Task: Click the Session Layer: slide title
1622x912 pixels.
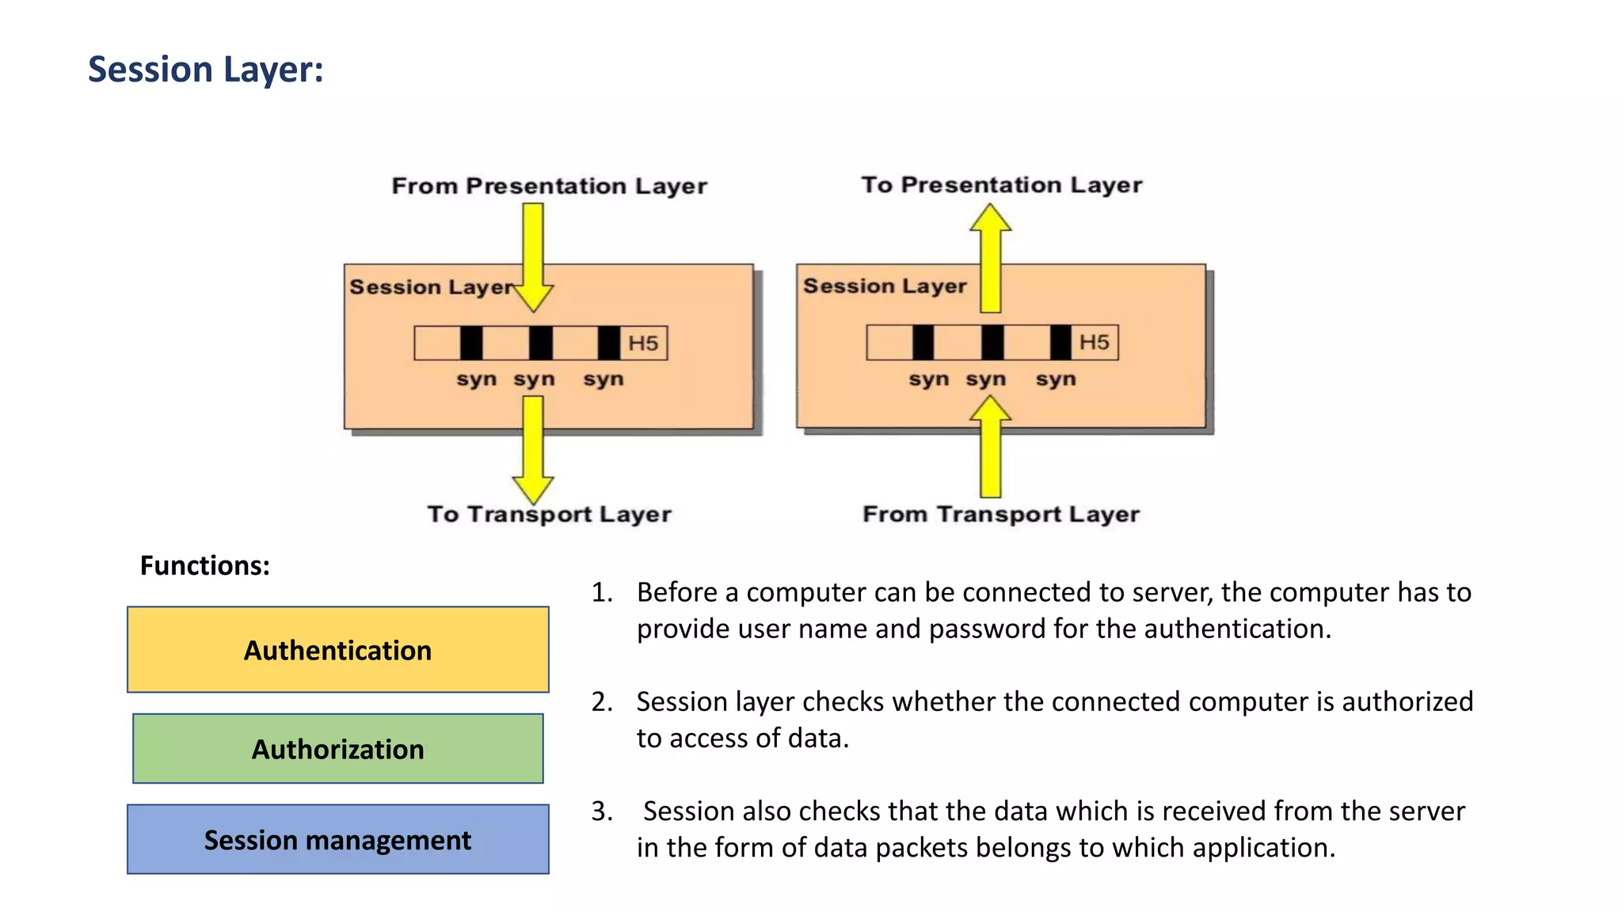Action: click(205, 70)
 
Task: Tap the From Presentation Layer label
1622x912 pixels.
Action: click(549, 186)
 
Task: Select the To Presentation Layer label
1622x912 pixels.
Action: click(1001, 184)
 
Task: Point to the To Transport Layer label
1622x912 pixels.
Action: click(549, 515)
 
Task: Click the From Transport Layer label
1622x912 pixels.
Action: click(1000, 515)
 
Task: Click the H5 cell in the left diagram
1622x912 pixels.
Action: click(643, 344)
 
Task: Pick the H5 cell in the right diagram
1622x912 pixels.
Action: click(1094, 343)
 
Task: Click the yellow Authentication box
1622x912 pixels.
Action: click(337, 650)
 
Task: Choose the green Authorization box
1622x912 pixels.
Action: click(337, 749)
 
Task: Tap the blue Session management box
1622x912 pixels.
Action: click(337, 840)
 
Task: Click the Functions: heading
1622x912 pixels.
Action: click(204, 566)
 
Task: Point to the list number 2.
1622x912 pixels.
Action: click(601, 702)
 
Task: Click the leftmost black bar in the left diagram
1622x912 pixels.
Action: click(471, 344)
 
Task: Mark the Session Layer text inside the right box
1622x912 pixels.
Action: click(885, 286)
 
